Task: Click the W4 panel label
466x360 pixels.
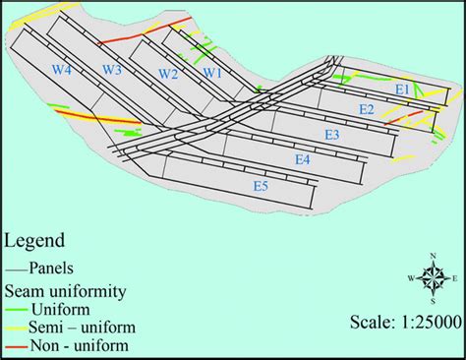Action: (x=62, y=70)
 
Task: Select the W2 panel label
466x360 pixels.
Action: (x=168, y=75)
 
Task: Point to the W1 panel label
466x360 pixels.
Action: (x=213, y=74)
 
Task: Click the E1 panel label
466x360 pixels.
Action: (x=402, y=90)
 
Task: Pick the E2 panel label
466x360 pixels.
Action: (x=366, y=109)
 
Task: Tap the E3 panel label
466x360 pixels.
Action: (x=332, y=135)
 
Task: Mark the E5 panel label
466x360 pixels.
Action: (x=261, y=185)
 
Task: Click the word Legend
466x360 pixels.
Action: (x=35, y=240)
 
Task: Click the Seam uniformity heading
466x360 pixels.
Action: (x=67, y=290)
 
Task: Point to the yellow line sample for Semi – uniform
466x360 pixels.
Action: (x=16, y=328)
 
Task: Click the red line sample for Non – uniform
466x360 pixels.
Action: (x=16, y=346)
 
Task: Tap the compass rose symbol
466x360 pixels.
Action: (x=433, y=278)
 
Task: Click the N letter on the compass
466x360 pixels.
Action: (x=433, y=259)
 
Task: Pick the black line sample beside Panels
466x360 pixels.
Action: (x=16, y=267)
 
